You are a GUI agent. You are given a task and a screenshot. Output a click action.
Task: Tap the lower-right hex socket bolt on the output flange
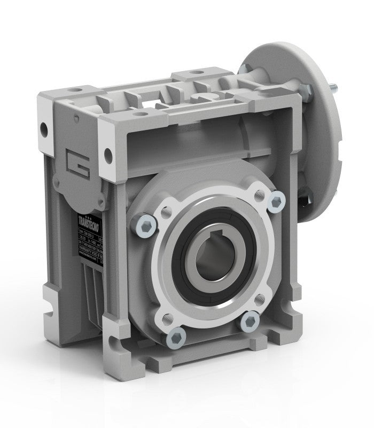(x=251, y=320)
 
